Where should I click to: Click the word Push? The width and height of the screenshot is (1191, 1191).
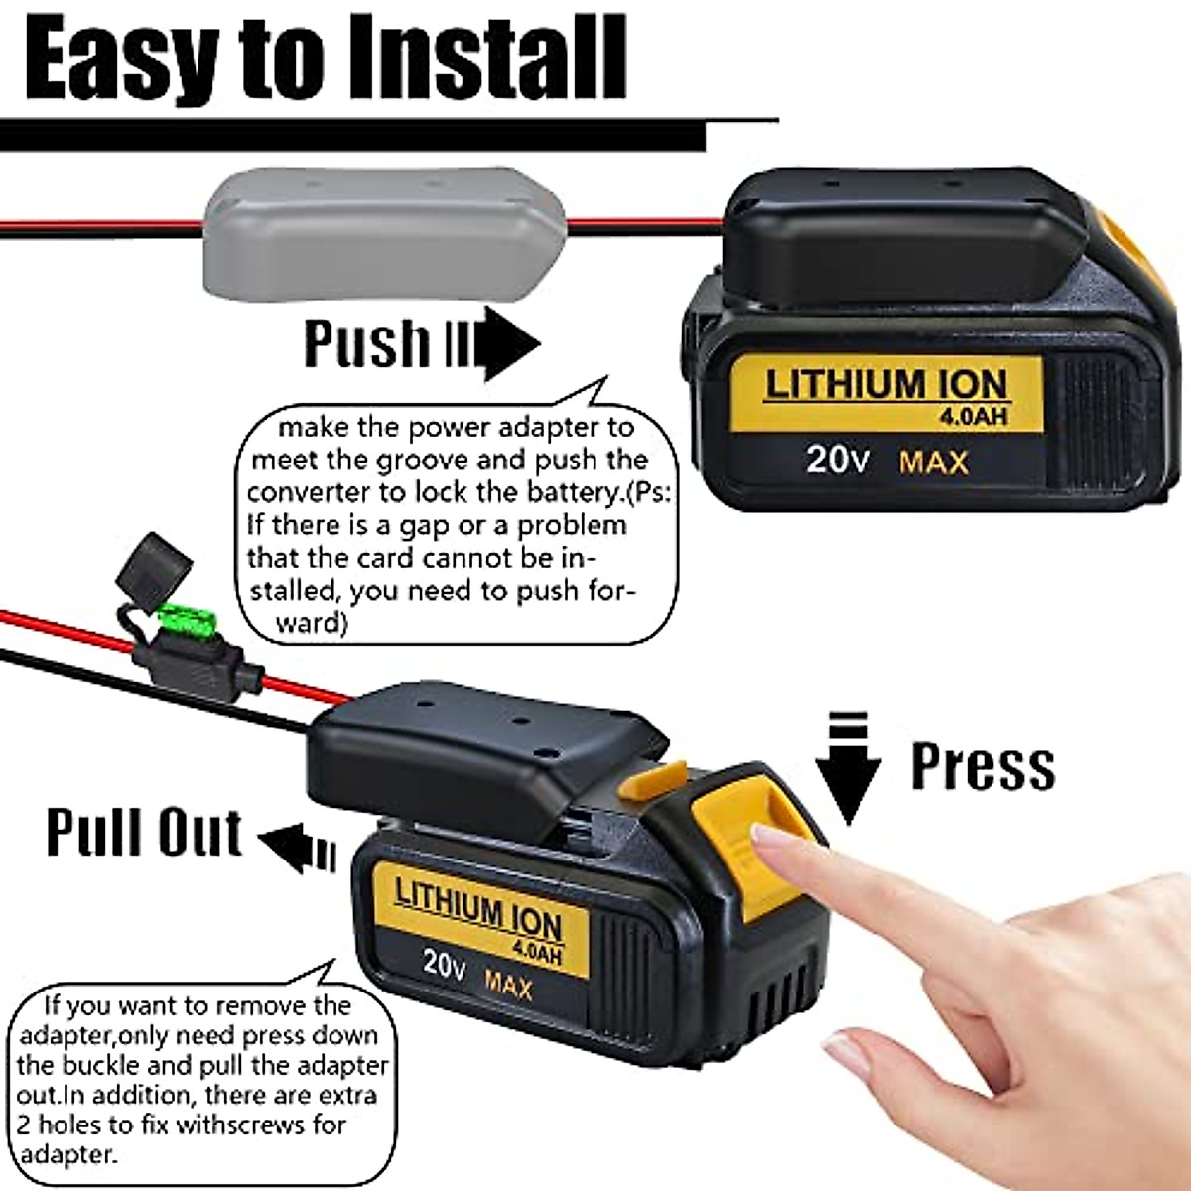click(x=366, y=343)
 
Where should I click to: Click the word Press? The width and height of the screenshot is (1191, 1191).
click(x=983, y=766)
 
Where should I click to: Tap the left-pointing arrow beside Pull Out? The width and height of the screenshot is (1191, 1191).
click(x=298, y=847)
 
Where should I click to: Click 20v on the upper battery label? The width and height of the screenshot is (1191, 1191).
click(x=837, y=459)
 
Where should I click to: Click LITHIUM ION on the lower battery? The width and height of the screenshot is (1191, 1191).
click(x=478, y=909)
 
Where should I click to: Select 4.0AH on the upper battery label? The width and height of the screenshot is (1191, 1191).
click(x=973, y=416)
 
